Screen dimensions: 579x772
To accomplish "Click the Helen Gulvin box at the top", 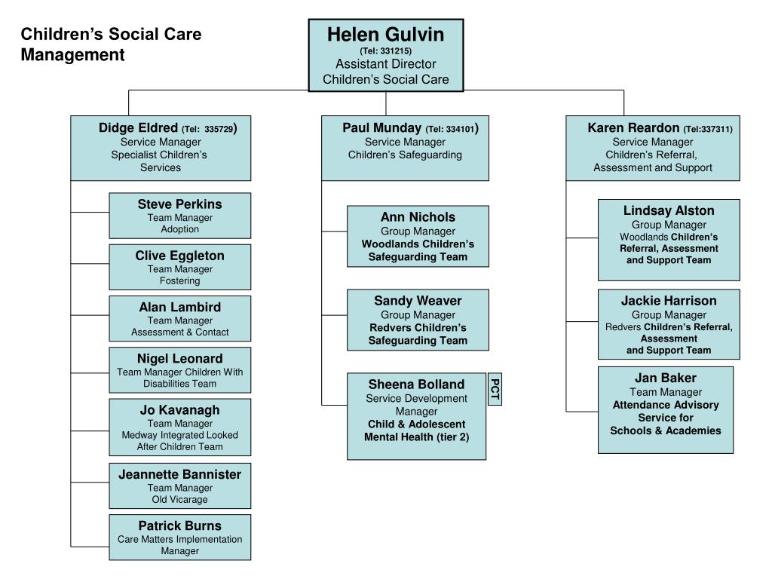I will click(386, 55).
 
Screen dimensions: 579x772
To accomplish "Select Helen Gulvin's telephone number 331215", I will click(385, 51).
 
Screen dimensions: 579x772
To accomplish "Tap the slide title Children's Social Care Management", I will click(111, 44).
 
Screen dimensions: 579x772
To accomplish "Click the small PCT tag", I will click(495, 388).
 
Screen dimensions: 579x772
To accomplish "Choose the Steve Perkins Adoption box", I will click(179, 216).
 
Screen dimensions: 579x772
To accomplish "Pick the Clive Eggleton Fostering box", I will click(179, 267).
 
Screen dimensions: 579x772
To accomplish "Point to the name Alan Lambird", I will click(179, 307).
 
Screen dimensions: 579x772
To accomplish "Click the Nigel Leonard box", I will click(179, 369).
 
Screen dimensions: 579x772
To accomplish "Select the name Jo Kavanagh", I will click(179, 410).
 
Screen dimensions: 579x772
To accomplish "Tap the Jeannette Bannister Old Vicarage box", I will click(179, 486).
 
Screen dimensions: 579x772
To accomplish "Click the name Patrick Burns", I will click(179, 525).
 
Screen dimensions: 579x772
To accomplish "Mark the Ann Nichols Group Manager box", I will click(418, 236).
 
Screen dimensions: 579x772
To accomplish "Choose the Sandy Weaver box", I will click(418, 320).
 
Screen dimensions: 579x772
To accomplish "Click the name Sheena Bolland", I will click(416, 384).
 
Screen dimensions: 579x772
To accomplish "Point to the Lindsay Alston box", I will click(669, 240).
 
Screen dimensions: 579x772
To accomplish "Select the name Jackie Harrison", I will click(669, 301).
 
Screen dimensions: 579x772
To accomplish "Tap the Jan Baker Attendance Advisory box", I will click(665, 409).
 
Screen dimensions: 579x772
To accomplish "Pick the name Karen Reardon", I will click(633, 128).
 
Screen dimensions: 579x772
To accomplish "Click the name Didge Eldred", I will click(138, 127).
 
